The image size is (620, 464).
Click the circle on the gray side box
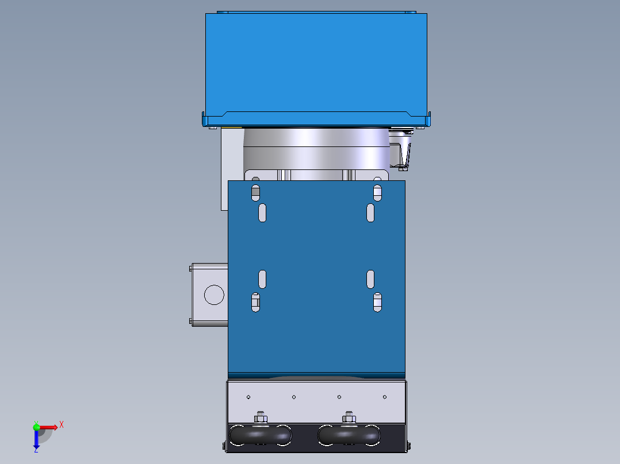214,295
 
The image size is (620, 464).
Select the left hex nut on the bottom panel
261,416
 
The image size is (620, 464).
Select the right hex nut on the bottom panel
349,416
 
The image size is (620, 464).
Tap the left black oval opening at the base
261,435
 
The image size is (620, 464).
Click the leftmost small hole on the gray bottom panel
248,397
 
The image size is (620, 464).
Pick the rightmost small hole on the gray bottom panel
385,397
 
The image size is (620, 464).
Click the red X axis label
62,424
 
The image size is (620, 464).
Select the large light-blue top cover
316,63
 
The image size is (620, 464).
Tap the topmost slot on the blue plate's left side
256,192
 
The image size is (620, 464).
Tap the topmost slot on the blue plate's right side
377,192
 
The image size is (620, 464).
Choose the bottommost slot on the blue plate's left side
256,302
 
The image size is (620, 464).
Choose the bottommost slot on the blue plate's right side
377,302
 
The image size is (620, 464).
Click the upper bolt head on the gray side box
191,268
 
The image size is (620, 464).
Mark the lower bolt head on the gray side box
191,321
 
